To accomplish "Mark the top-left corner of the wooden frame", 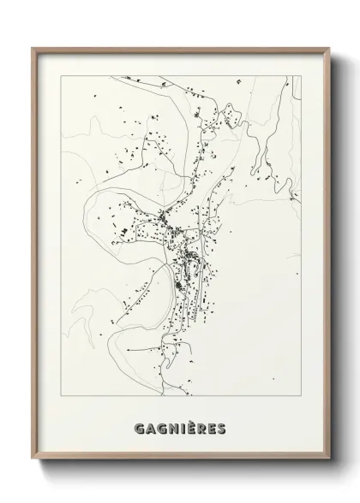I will pyautogui.click(x=33, y=48).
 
